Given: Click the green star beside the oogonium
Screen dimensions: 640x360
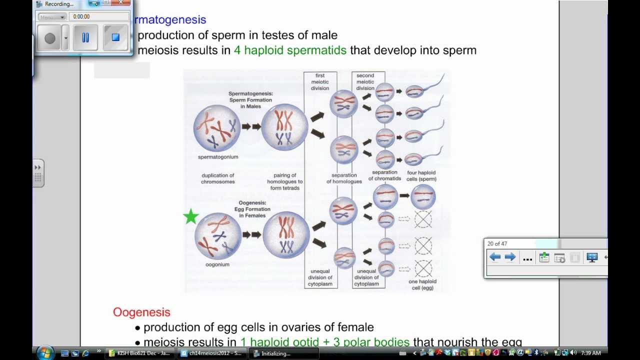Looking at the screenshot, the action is click(x=191, y=217).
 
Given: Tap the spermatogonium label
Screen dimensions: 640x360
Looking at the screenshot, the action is click(x=218, y=157).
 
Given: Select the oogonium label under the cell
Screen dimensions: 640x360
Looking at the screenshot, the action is click(x=217, y=264).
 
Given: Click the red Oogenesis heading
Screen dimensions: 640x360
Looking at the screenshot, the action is click(x=141, y=312).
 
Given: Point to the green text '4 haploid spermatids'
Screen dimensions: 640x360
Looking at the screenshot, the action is click(x=290, y=50).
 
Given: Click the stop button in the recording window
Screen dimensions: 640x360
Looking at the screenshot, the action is click(x=115, y=37).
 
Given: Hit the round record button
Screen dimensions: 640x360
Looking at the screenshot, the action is click(x=50, y=38).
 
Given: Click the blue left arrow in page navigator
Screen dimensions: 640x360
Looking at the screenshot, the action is click(x=495, y=257).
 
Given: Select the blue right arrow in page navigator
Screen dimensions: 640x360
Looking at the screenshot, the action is click(x=510, y=257).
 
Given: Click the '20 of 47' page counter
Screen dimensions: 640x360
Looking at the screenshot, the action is click(x=497, y=244).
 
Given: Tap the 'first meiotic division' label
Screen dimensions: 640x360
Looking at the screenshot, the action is click(x=320, y=82).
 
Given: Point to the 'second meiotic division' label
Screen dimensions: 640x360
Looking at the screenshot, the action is click(x=365, y=82).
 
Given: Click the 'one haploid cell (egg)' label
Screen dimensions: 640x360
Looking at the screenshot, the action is click(x=421, y=284).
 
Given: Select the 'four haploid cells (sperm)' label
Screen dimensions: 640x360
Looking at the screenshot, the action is click(x=421, y=176).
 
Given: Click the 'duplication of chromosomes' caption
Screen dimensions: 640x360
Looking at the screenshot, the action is click(x=217, y=178).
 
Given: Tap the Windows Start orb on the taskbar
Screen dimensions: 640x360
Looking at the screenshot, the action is click(x=44, y=353).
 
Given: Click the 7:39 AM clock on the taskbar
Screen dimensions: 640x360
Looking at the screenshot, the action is click(x=590, y=353).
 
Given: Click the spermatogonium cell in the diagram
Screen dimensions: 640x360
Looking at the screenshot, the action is click(x=217, y=128).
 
